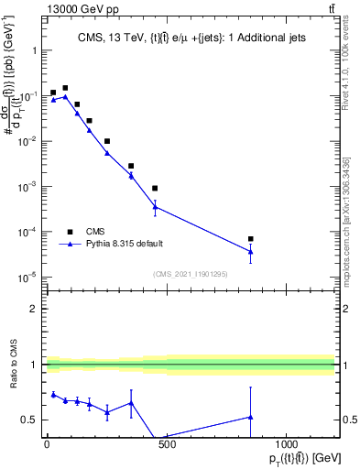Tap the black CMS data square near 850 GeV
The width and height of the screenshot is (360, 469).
(x=251, y=239)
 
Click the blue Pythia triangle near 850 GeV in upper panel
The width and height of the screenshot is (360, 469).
(x=251, y=252)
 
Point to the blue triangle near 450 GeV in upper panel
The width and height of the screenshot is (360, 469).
(x=155, y=207)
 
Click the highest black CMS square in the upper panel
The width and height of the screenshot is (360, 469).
(x=65, y=88)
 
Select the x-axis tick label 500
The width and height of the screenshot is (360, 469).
(x=167, y=445)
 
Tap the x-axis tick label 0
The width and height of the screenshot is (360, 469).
(x=47, y=445)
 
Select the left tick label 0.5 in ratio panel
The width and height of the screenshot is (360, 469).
(x=30, y=420)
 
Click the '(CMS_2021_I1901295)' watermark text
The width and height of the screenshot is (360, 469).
(x=190, y=274)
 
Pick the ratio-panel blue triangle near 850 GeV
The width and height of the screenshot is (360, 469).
(x=251, y=417)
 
